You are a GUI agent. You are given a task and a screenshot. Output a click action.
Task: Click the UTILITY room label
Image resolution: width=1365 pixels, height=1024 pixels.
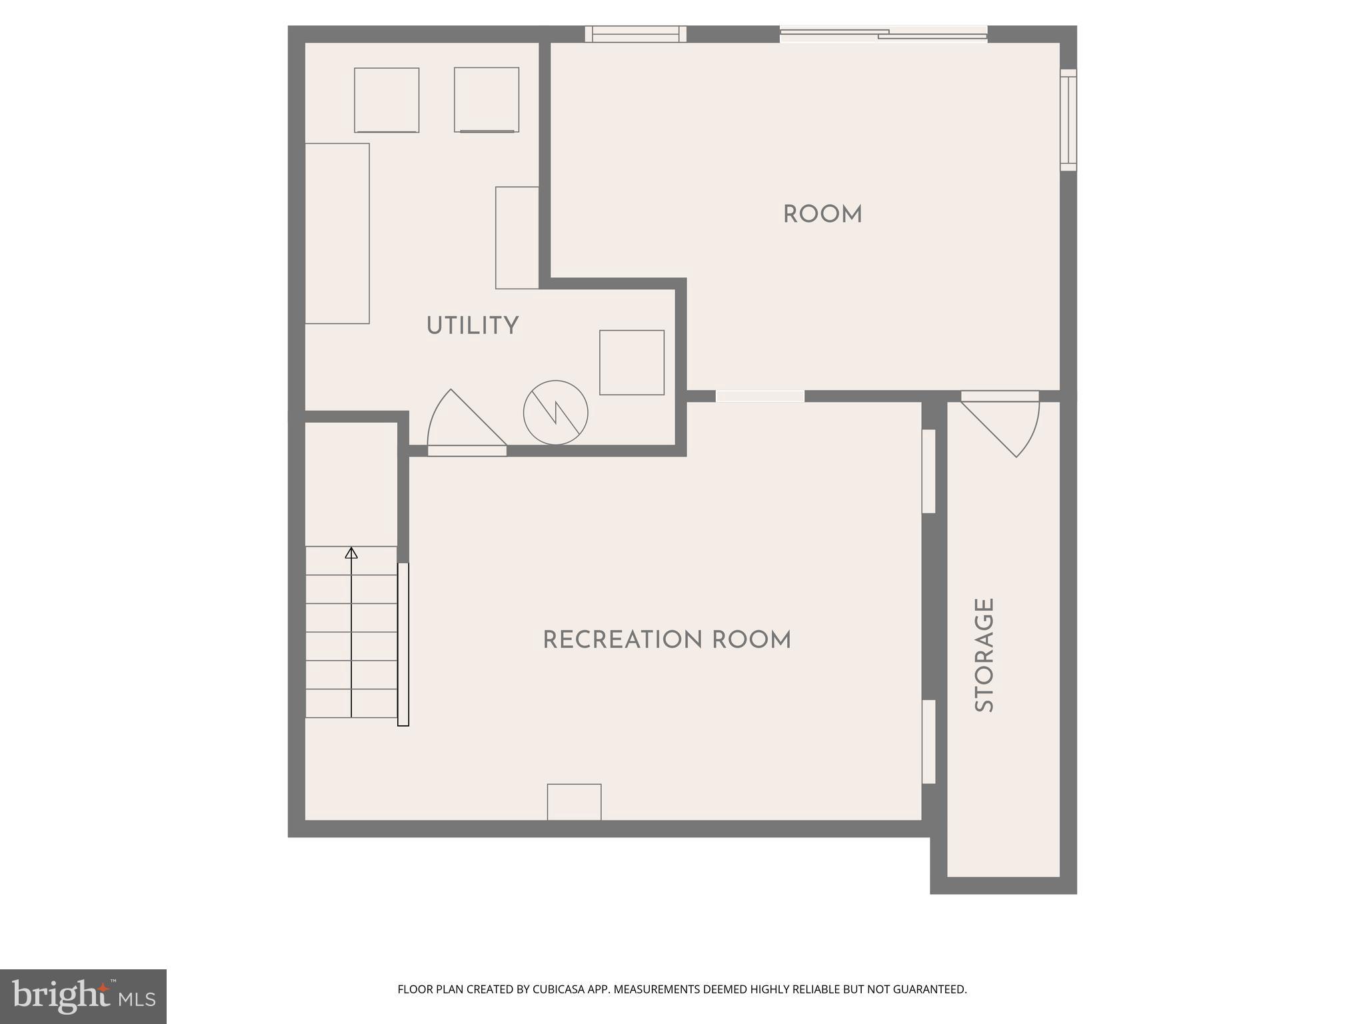(472, 326)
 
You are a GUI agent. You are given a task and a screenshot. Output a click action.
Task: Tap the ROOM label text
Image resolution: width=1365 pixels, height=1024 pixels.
(822, 215)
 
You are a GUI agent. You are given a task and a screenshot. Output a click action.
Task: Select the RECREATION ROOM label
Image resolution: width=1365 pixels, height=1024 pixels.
(667, 640)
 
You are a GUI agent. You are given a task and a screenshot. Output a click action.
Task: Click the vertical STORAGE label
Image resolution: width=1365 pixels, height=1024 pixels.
(984, 655)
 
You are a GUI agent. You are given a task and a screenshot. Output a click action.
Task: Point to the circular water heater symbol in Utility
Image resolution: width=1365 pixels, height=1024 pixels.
(555, 413)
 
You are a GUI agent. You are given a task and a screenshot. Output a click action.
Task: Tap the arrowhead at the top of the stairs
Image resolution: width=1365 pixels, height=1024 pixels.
(351, 553)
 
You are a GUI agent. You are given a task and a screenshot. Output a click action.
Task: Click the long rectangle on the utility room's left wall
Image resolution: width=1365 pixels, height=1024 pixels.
(337, 233)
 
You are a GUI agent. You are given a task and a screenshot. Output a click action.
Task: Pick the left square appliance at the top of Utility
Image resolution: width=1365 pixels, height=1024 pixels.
(387, 100)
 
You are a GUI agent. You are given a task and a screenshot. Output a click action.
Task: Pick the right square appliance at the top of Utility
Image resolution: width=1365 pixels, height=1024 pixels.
(487, 99)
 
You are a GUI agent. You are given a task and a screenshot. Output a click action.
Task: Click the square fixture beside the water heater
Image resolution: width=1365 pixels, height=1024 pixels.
(631, 363)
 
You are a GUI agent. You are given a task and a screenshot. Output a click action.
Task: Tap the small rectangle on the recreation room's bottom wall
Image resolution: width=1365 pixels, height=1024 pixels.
(574, 802)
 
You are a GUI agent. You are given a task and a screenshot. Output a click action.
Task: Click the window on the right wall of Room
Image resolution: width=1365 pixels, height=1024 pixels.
(1068, 120)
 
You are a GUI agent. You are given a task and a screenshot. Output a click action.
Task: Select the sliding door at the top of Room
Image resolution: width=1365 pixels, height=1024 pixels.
(883, 34)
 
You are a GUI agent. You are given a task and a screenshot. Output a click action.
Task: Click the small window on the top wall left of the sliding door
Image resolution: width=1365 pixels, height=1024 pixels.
(635, 34)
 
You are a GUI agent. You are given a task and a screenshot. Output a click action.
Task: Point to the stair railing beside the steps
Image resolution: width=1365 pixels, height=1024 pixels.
(403, 644)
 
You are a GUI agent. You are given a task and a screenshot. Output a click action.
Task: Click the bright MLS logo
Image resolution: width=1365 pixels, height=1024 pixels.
(83, 996)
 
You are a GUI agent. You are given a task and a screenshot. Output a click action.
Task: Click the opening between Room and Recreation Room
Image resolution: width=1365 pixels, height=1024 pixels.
(760, 396)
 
